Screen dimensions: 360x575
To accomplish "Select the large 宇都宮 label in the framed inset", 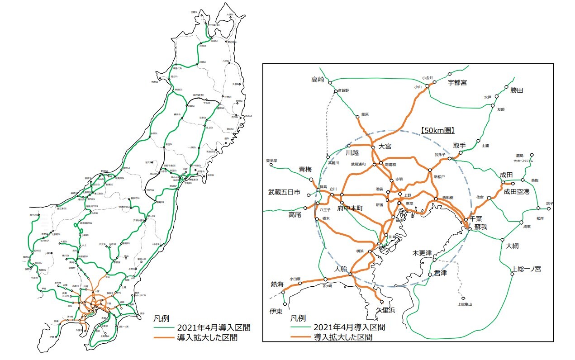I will [x=457, y=82].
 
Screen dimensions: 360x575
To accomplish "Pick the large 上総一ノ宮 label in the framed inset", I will [x=526, y=269].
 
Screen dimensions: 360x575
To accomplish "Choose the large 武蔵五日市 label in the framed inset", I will [x=285, y=192].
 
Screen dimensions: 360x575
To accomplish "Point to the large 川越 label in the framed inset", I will [x=352, y=153].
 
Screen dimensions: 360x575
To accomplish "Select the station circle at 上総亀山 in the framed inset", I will [x=463, y=298].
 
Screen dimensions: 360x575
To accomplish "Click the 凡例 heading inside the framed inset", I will [x=299, y=318].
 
